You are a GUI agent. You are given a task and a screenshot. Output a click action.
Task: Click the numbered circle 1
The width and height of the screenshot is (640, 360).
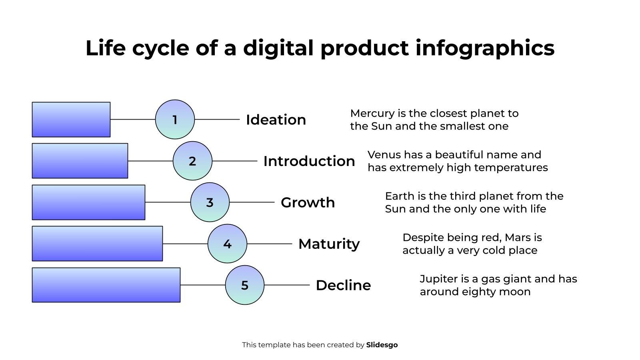[x=175, y=120]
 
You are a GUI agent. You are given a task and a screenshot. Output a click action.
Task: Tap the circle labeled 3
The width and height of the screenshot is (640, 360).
[x=210, y=202]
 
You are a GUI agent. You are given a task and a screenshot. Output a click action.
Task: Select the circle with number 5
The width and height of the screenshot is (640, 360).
[x=244, y=285]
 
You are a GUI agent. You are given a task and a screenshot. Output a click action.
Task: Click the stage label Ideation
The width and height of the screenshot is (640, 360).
[x=276, y=120]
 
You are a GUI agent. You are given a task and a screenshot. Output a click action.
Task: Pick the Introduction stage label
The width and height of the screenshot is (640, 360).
[x=309, y=161]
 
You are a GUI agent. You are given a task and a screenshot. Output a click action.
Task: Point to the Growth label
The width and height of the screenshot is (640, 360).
[x=308, y=202]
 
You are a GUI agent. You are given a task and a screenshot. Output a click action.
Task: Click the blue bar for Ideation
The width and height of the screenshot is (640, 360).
[x=71, y=120]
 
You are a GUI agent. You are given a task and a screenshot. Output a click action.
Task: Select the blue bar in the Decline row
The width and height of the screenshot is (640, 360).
[x=106, y=285]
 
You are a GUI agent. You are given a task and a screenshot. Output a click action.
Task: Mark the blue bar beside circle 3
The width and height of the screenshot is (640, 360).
[x=88, y=202]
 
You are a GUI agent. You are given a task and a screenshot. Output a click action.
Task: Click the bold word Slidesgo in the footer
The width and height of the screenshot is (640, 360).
[x=382, y=345]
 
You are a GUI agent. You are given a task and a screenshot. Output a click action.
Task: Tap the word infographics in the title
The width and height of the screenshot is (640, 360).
[x=485, y=48]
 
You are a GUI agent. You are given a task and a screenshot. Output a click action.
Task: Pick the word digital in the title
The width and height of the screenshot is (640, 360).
[x=278, y=48]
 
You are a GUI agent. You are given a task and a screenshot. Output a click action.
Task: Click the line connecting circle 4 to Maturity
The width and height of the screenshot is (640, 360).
[x=270, y=244]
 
